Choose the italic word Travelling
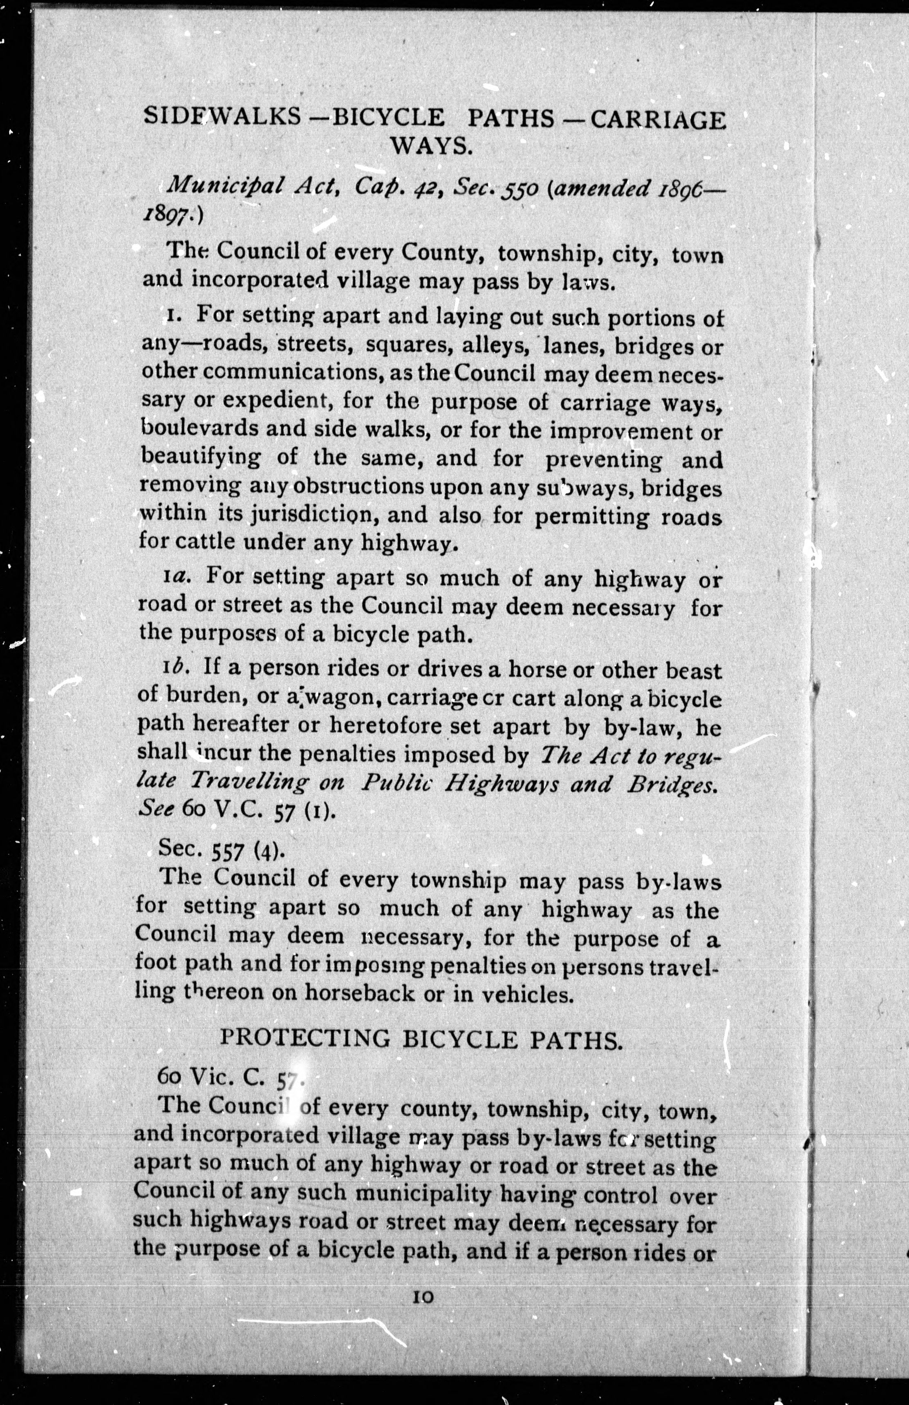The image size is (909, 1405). (x=249, y=782)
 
